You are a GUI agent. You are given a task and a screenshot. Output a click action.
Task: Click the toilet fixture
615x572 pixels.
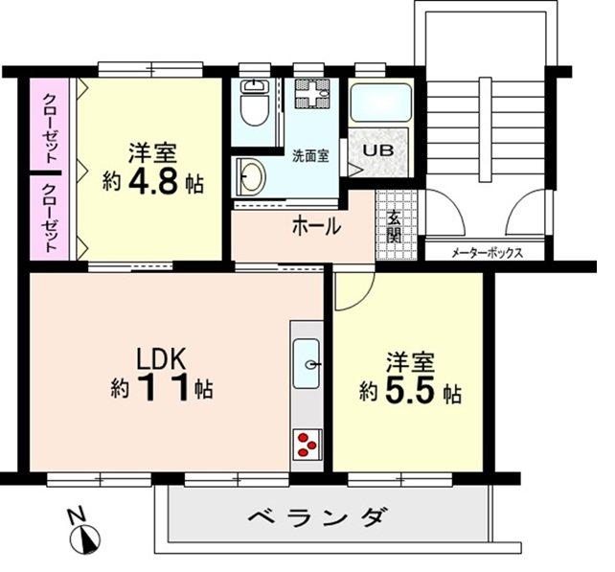point(256,107)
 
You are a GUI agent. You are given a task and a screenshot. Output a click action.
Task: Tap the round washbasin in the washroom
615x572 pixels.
point(252,175)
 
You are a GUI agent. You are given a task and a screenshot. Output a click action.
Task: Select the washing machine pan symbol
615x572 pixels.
point(311,98)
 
